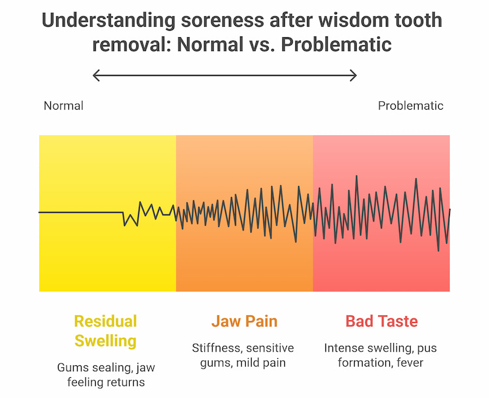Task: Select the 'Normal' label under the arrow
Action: pos(63,106)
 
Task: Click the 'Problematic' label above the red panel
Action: pos(411,106)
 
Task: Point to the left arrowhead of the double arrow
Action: pos(96,76)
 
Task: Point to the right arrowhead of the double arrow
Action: pos(354,76)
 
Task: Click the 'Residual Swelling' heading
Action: pos(106,331)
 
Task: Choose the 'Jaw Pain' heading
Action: pos(244,322)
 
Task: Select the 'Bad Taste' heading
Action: pos(381,322)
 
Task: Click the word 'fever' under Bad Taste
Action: pos(407,362)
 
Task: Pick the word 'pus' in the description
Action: pos(426,348)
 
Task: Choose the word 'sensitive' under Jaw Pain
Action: pos(271,348)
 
